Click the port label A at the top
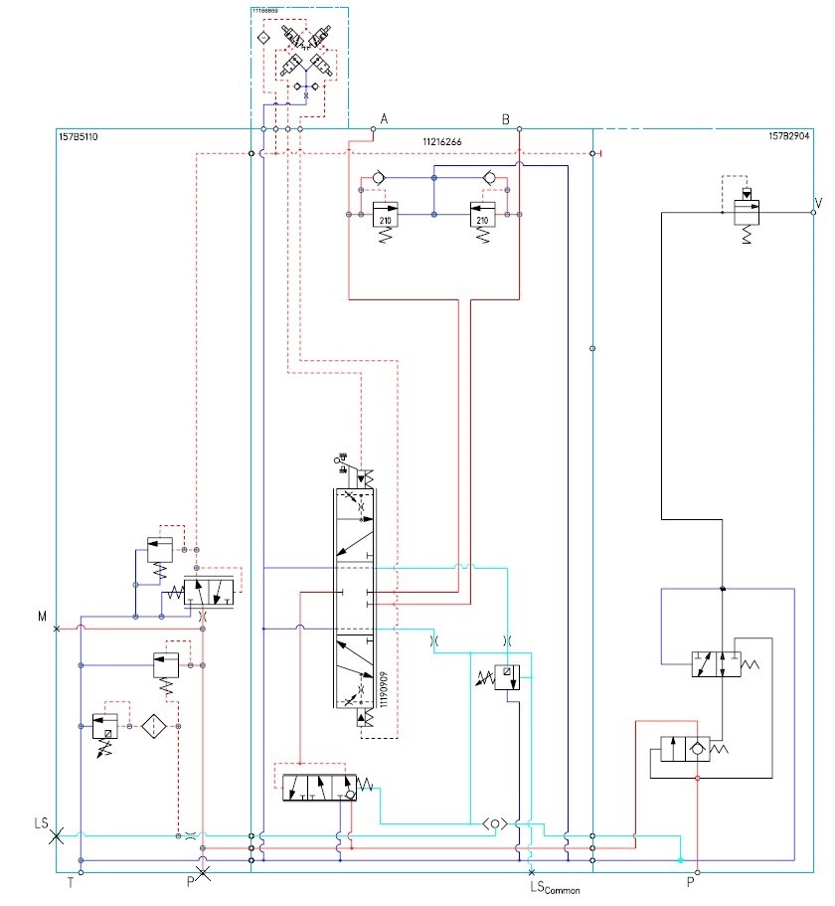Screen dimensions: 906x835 point(384,118)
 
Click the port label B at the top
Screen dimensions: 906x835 point(505,118)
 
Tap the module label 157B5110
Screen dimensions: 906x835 point(79,135)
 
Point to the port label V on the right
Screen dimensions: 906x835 point(818,203)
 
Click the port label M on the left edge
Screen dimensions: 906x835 point(43,617)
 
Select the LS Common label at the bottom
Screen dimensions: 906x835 point(555,888)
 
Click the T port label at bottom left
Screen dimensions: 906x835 point(71,882)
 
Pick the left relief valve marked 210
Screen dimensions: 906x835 point(384,218)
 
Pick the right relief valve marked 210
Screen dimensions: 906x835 point(482,218)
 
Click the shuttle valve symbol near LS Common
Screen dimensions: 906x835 point(496,823)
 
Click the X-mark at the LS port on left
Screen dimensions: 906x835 point(57,836)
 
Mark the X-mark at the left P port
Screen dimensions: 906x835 point(203,874)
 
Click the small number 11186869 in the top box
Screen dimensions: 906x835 point(264,11)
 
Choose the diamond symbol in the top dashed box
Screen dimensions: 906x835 point(263,37)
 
